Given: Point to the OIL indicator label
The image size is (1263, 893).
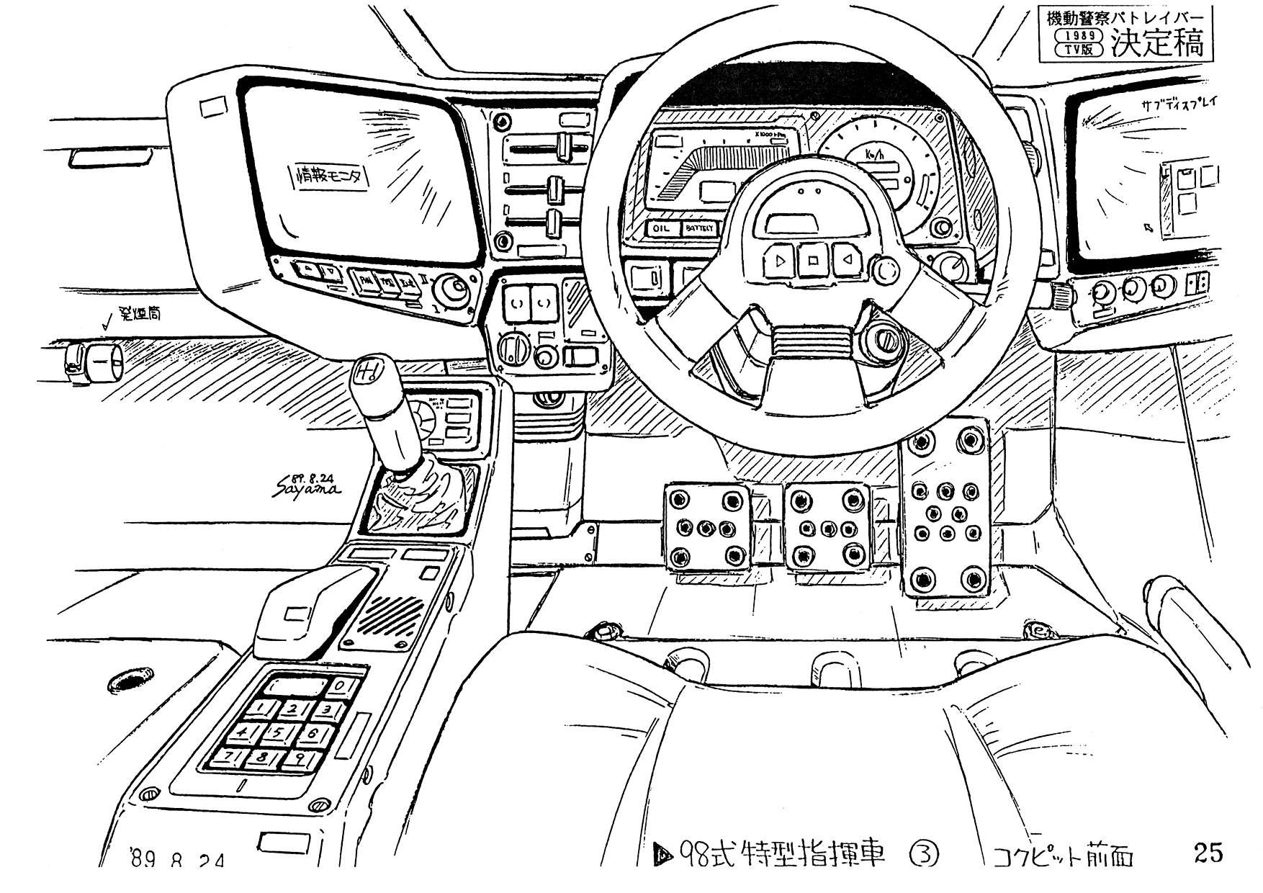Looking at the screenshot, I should click(661, 228).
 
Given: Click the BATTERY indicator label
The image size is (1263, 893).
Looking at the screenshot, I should click(698, 228).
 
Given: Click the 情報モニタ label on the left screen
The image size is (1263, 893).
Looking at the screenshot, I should click(330, 175).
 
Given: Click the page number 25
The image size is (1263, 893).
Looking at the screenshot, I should click(1208, 853).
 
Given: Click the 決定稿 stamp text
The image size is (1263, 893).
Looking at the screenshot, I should click(1156, 44).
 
